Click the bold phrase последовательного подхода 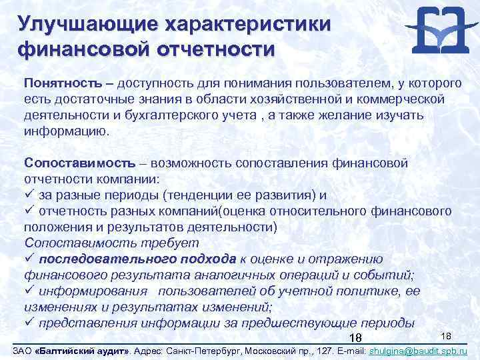pyautogui.click(x=137, y=259)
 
